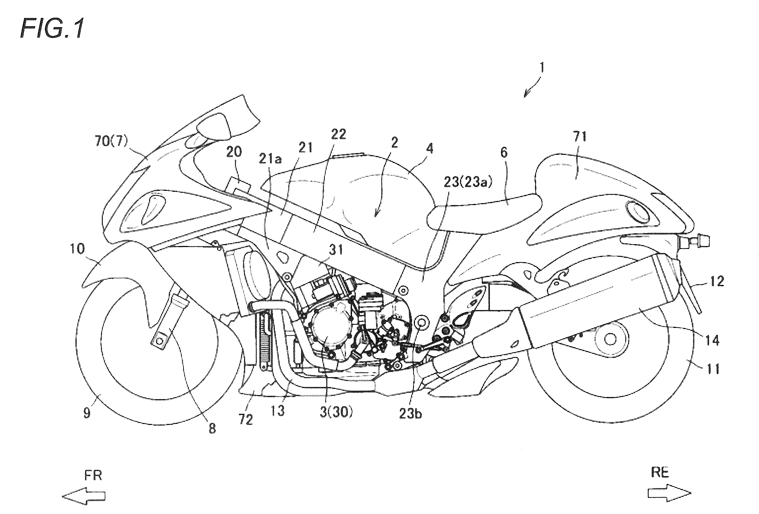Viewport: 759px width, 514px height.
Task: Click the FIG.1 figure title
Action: pyautogui.click(x=52, y=29)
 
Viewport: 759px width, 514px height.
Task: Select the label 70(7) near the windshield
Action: pyautogui.click(x=112, y=142)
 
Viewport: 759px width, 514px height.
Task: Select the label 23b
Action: pyautogui.click(x=410, y=414)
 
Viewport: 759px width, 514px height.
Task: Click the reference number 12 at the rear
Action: pyautogui.click(x=717, y=281)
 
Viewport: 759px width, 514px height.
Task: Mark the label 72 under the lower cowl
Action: pyautogui.click(x=246, y=419)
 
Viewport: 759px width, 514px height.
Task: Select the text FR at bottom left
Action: pyautogui.click(x=93, y=476)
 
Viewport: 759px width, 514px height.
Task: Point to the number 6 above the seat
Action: pyautogui.click(x=503, y=153)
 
